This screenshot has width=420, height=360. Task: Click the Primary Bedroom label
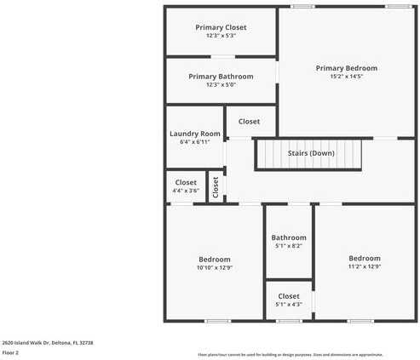(x=346, y=68)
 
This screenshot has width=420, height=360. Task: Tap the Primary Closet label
(x=221, y=27)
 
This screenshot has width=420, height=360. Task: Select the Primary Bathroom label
(x=221, y=76)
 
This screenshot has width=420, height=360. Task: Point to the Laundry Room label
(x=194, y=134)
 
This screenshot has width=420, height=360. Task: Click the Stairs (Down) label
(x=311, y=153)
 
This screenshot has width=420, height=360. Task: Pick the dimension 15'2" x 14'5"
(x=346, y=77)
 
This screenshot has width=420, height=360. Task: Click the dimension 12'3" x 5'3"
(x=221, y=36)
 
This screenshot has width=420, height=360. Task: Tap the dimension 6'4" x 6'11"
(x=194, y=142)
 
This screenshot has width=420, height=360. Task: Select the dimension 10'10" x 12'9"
(x=215, y=268)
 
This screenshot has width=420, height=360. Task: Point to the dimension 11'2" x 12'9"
(x=364, y=266)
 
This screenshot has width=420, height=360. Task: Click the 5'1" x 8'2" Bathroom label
(x=289, y=237)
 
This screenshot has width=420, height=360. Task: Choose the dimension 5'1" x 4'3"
(x=289, y=305)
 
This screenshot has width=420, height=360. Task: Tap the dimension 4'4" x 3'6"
(x=186, y=191)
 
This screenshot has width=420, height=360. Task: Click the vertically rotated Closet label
(x=216, y=187)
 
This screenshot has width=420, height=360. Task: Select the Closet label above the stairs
(x=249, y=122)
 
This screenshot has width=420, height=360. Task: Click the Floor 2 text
(x=10, y=351)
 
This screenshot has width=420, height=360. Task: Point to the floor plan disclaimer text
(x=290, y=354)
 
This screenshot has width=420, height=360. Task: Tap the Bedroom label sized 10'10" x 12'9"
(x=215, y=260)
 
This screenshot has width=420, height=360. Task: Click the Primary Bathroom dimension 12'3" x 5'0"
(x=221, y=84)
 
